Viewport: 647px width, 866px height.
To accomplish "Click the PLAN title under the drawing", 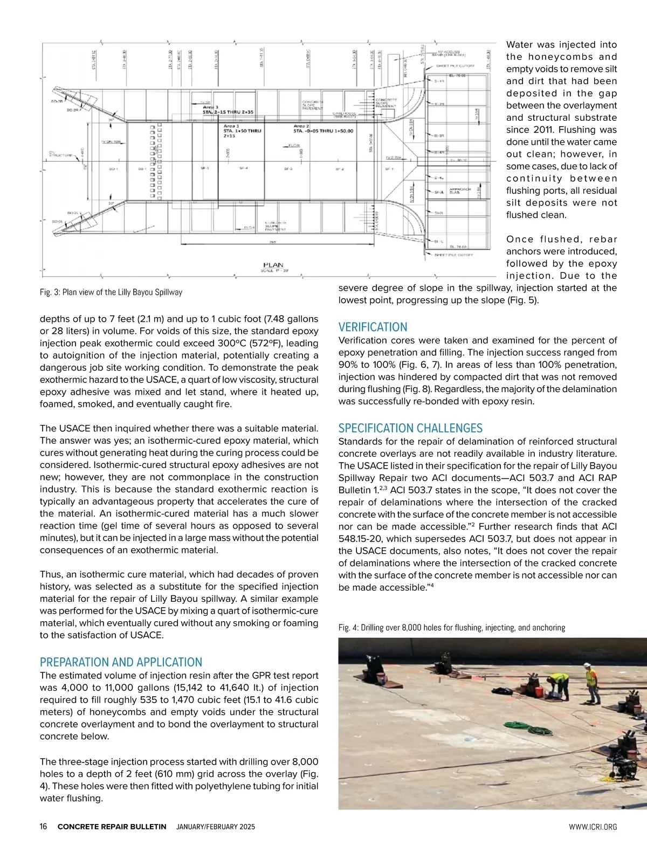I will (x=273, y=265).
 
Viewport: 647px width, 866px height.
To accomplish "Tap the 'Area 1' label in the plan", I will (x=231, y=126).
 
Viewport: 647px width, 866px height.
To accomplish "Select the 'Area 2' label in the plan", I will (x=301, y=126).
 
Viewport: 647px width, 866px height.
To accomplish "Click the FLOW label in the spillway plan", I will (x=294, y=146).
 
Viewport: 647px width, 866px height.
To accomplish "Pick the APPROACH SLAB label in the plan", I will (x=460, y=190).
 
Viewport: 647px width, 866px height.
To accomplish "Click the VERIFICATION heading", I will (x=373, y=327).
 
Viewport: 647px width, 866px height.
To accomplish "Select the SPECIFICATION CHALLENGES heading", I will (x=410, y=429).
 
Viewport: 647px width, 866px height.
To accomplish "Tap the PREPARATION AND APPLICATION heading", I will (x=121, y=662).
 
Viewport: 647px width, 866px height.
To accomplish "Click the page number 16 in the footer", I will (x=44, y=827).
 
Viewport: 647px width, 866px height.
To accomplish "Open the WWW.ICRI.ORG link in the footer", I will (x=593, y=827).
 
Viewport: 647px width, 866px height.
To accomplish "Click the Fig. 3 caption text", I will (x=111, y=292).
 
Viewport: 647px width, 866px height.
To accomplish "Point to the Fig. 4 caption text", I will (x=451, y=628).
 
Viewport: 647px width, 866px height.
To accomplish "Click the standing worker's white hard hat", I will (x=590, y=667).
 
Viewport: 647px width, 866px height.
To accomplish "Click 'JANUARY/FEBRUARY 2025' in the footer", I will (x=216, y=827).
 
